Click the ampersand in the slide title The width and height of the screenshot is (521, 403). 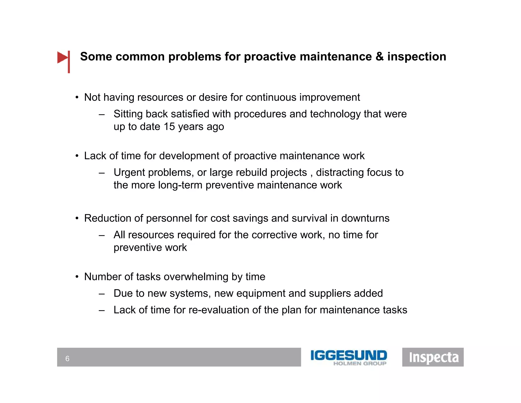379,57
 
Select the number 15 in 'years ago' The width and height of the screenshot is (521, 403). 169,127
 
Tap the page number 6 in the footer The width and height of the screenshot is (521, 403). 67,359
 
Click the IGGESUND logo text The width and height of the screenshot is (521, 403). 349,355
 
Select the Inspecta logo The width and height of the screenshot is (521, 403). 433,357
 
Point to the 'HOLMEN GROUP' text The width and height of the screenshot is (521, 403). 360,364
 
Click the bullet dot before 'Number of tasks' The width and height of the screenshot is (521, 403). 77,277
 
